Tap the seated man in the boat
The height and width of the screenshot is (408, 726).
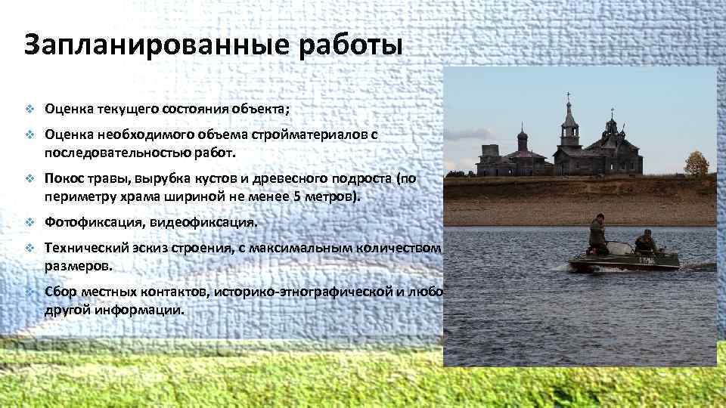click(x=644, y=242)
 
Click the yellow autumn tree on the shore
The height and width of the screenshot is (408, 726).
click(x=696, y=163)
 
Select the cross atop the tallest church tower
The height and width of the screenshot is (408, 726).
click(x=569, y=97)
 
